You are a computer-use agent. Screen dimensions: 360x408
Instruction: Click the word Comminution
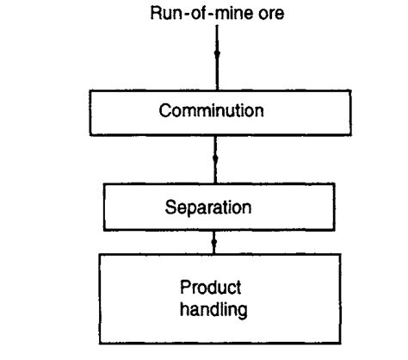click(x=215, y=112)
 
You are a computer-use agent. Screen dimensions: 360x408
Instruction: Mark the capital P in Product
click(x=185, y=287)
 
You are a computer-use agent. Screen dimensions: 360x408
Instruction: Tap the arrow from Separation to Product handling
click(x=216, y=241)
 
